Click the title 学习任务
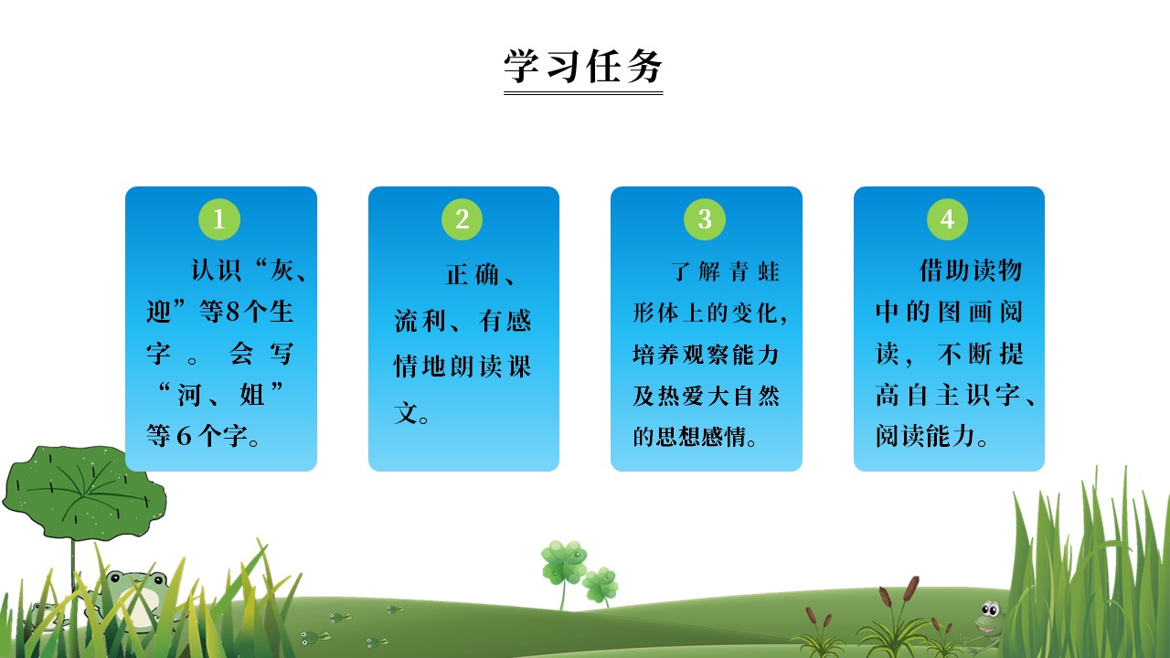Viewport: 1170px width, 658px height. (x=583, y=66)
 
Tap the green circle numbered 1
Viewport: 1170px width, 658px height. (x=219, y=219)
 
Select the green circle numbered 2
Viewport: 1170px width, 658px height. (x=463, y=219)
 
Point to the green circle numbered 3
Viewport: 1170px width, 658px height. (x=705, y=219)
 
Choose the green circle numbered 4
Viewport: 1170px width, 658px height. (x=948, y=219)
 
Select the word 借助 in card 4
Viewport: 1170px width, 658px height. (x=945, y=271)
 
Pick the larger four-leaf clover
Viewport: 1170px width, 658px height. (x=563, y=561)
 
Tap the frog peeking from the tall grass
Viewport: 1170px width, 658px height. (x=988, y=617)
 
